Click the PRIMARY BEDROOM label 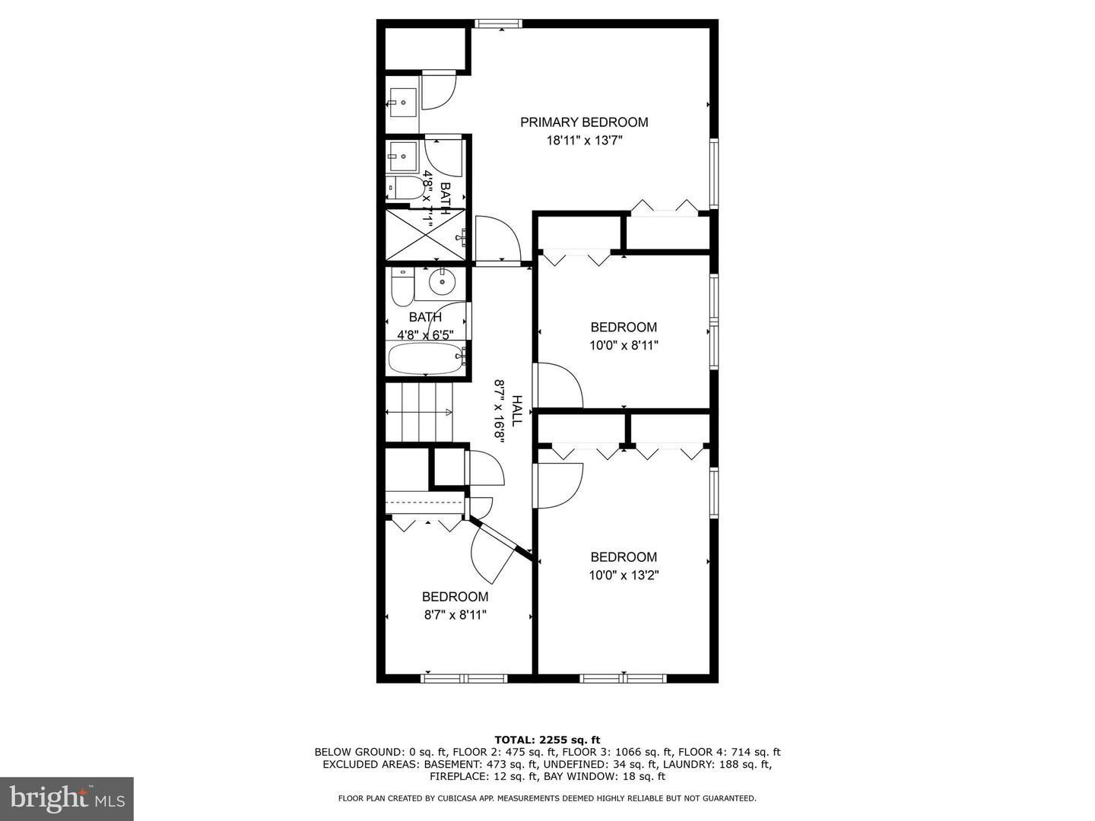[584, 122]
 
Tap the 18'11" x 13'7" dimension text [585, 141]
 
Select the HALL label [517, 410]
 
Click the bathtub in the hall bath [427, 358]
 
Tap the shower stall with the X [426, 235]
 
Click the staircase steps [420, 412]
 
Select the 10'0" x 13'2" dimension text [624, 575]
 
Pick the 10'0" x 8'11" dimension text [624, 345]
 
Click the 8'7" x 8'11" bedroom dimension [455, 615]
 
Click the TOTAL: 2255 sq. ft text [547, 740]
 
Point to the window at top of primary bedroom [498, 24]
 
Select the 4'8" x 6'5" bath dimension [425, 335]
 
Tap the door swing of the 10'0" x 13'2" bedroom [559, 486]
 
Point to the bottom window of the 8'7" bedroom [464, 678]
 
